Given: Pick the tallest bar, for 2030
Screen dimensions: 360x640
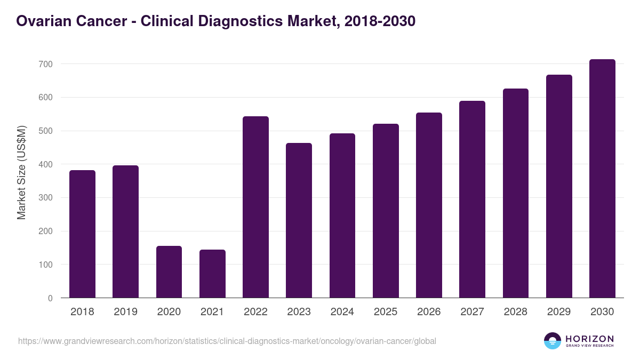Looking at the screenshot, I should (602, 179).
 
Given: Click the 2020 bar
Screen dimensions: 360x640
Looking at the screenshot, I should (169, 271).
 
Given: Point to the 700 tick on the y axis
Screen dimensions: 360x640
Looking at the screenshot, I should (45, 64).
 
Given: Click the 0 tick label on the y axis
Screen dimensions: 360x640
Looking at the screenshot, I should (50, 298).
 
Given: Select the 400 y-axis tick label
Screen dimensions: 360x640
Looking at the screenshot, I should (45, 164).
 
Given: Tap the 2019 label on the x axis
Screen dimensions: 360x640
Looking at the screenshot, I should (125, 312).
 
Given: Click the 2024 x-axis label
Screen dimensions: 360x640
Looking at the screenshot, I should (342, 312).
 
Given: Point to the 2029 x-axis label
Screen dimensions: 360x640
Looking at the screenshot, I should (559, 312).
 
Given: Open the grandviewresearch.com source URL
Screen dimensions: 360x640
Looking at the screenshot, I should (227, 341).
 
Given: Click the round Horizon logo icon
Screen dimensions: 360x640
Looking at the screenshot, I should (553, 341).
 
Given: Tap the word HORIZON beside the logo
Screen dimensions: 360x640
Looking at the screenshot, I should (589, 338).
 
